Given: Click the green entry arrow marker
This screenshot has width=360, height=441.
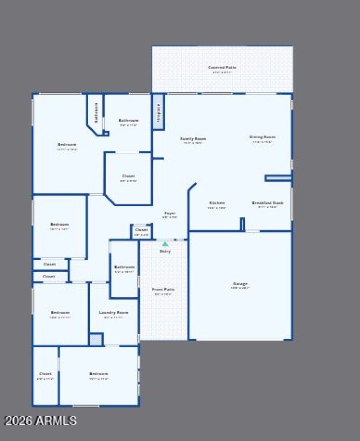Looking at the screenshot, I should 165,244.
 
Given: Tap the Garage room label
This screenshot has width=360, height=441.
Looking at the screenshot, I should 240,284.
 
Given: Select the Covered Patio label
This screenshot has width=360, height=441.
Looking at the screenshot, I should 222,68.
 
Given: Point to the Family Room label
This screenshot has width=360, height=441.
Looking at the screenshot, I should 193,139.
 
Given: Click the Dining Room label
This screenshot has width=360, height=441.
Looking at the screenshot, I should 262,137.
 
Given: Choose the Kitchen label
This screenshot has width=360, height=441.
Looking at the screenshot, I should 216,203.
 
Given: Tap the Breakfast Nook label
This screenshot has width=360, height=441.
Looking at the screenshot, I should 268,203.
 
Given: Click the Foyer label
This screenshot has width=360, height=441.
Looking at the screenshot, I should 170,213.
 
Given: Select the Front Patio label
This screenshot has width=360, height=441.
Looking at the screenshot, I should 163,290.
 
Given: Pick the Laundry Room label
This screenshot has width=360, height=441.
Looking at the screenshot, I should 113,313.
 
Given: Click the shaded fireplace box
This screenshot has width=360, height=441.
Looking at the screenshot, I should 158,112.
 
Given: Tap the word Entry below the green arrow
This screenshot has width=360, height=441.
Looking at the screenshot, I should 165,251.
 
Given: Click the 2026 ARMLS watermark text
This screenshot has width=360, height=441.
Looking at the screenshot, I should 40,421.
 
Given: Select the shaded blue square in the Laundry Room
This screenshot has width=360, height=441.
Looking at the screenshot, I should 96,339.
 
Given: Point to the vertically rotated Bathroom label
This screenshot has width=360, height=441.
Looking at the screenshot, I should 96,113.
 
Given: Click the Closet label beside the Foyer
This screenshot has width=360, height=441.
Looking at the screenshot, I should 141,230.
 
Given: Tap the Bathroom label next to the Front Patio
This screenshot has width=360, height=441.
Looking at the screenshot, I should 124,267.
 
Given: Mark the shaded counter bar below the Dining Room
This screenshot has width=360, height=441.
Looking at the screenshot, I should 278,178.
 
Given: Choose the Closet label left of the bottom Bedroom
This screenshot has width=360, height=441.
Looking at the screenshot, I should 45,374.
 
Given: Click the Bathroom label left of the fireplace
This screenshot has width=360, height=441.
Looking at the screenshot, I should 129,120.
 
